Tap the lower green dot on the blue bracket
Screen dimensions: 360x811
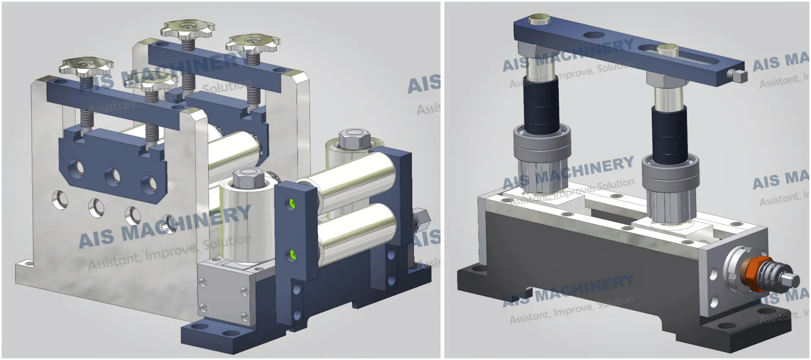[291, 255]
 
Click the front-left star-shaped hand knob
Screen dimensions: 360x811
[87, 65]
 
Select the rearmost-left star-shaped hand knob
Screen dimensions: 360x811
[187, 29]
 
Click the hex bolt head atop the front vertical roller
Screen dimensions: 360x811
[248, 177]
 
